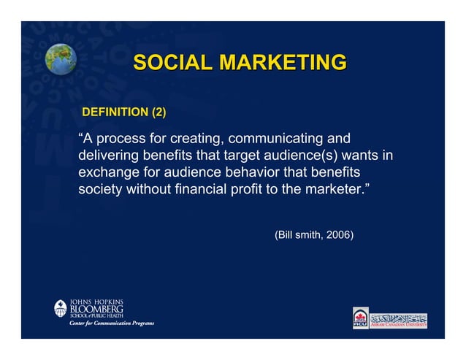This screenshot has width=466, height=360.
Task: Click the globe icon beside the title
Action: (61, 59)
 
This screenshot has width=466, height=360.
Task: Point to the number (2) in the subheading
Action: (158, 112)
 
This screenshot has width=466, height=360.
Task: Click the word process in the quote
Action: (124, 138)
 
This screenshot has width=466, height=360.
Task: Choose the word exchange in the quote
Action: (109, 173)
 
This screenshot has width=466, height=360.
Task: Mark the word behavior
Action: (253, 173)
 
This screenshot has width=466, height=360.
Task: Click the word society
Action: (101, 191)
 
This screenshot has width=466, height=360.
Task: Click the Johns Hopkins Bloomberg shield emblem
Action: (61, 309)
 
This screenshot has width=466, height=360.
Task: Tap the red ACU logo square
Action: (361, 318)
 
